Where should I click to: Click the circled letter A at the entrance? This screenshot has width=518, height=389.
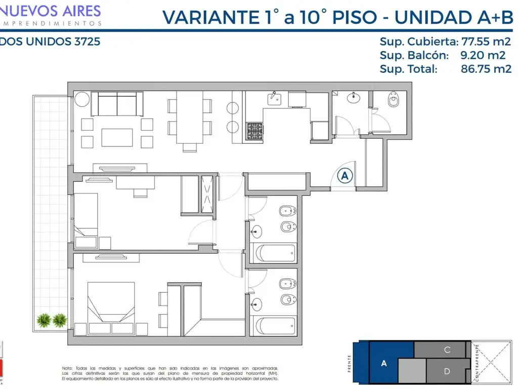tap(345, 176)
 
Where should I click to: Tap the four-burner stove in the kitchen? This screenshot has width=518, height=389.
tap(255, 131)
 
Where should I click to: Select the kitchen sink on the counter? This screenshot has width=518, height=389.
tap(274, 98)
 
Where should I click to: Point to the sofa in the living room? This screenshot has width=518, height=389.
tap(117, 104)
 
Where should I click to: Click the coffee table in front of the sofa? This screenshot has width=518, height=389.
tap(117, 137)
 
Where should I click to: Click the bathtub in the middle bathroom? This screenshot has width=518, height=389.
tap(276, 252)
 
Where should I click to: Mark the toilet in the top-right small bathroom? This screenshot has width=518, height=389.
tap(394, 102)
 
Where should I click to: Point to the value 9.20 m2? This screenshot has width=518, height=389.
tap(483, 55)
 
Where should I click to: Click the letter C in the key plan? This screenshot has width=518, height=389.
tap(447, 349)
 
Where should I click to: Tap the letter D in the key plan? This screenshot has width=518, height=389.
tap(447, 371)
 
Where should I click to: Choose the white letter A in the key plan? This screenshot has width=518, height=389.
tap(384, 363)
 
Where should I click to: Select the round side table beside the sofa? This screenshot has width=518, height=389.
tap(82, 98)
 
